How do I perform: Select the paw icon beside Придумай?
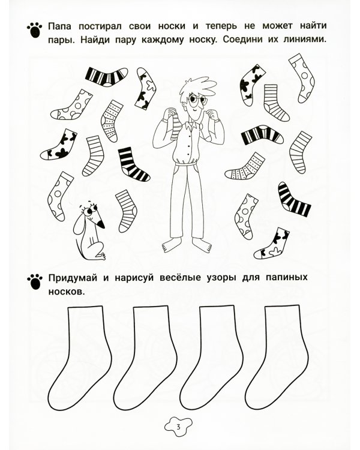(x=34, y=279)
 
